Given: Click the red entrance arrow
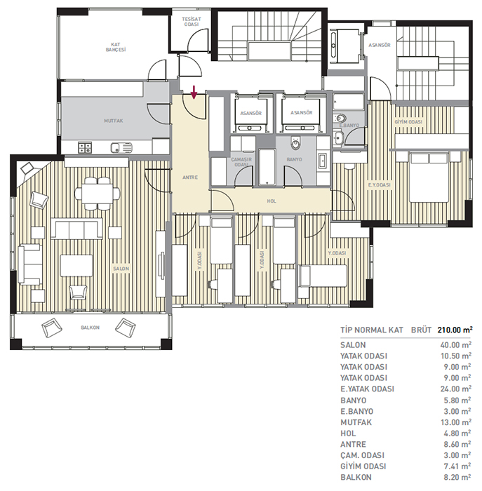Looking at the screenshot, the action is pos(194,92).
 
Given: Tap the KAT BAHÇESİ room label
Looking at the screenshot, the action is pos(116,47).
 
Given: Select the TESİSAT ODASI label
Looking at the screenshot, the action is pos(191,22).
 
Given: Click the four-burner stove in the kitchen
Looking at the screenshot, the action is pos(85,147).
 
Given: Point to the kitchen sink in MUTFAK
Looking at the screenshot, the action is pos(121,147).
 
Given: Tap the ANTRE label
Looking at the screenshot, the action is pos(190,177).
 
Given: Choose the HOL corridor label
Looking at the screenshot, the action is pos(272,201).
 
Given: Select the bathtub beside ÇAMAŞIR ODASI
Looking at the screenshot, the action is pos(267,167).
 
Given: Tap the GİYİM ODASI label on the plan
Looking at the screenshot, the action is pos(408,122).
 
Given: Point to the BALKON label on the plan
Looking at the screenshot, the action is pos(91,328).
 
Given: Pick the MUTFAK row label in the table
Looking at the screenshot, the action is pos(356,422).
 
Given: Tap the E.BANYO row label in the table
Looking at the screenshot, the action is pos(356,411).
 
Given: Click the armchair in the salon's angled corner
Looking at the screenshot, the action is pos(27,168).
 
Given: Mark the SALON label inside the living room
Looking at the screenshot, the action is pos(121,269).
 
